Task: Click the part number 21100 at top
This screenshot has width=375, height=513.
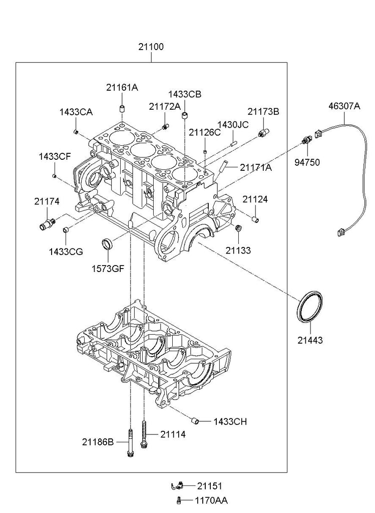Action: (x=151, y=47)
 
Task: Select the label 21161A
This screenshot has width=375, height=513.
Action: (x=122, y=87)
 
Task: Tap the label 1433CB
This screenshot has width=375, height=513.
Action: (x=184, y=94)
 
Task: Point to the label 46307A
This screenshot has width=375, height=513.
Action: (x=344, y=106)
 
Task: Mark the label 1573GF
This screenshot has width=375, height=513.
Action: (x=107, y=268)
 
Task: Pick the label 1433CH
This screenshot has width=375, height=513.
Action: (x=230, y=421)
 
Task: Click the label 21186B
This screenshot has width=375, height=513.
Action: (x=98, y=441)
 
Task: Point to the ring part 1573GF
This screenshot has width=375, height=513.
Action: (x=107, y=244)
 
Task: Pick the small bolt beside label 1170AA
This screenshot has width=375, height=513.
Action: (x=179, y=499)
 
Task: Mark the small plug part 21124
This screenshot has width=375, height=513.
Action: (x=254, y=218)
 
